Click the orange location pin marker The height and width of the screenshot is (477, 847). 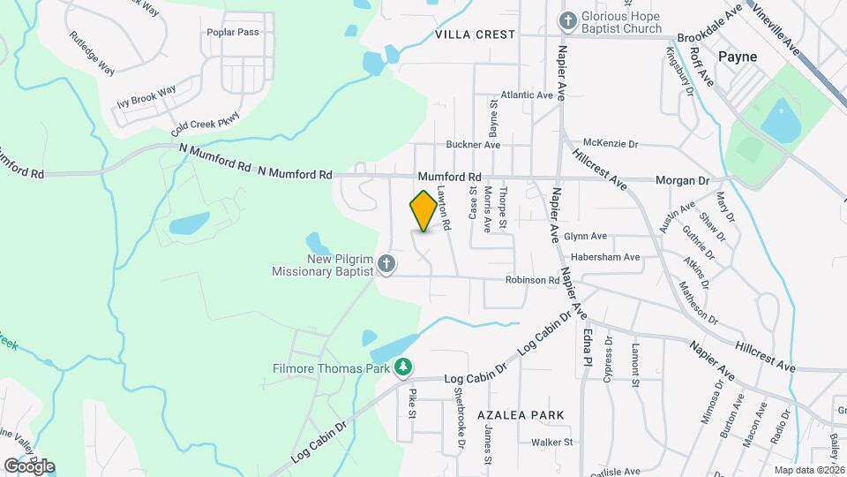coord(423,210)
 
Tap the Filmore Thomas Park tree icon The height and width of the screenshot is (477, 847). coord(403,366)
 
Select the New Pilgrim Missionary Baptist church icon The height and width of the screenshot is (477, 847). coord(386,263)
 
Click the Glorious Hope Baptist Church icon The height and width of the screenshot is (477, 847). coord(569,19)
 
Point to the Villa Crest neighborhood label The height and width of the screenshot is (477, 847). coord(475,34)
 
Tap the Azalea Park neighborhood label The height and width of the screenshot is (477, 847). coord(520,414)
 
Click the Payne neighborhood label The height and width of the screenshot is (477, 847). coord(737,56)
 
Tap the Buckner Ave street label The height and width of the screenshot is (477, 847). coord(473,144)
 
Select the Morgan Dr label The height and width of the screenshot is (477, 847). coord(682,180)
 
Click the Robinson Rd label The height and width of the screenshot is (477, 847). coord(533,280)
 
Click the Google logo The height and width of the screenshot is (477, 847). coord(29,466)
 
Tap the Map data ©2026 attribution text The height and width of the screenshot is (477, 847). coord(808,470)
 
